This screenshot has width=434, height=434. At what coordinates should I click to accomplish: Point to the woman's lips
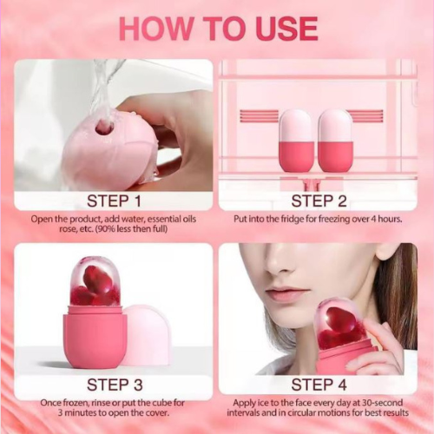(x=286, y=294)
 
